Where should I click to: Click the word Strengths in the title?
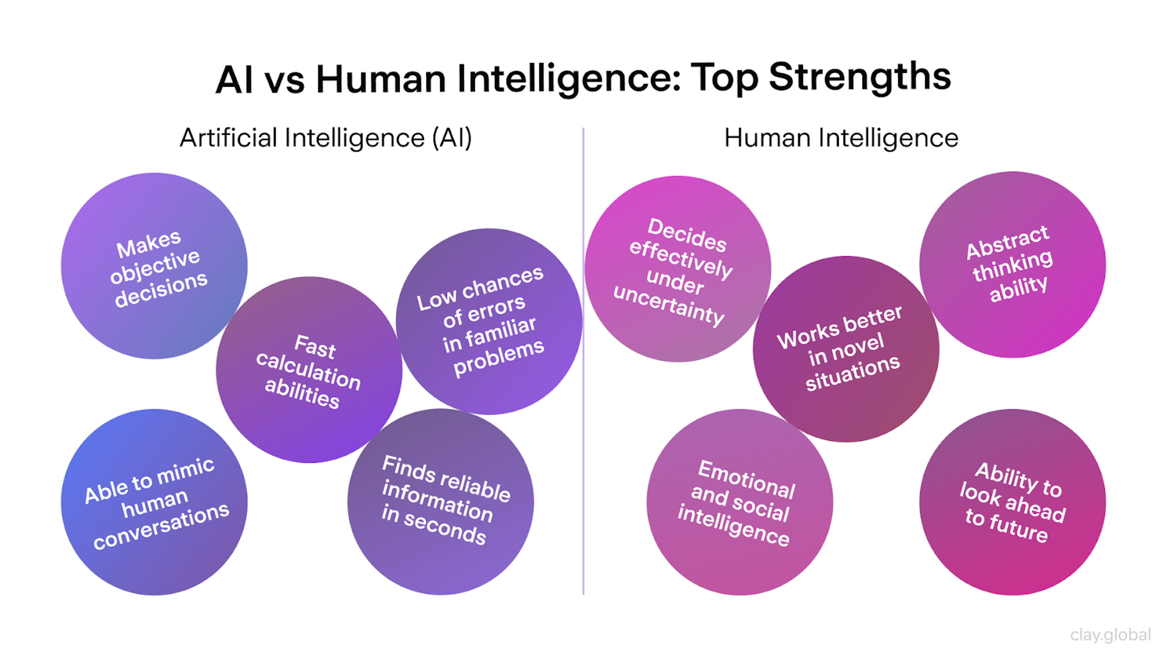(x=859, y=78)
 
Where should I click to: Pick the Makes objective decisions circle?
(x=154, y=266)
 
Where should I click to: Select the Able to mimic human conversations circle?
(x=154, y=503)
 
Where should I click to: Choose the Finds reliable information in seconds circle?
(x=440, y=502)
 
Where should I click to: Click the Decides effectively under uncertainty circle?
(x=678, y=269)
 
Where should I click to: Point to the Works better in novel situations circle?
(x=845, y=349)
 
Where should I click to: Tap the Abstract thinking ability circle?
(x=1012, y=265)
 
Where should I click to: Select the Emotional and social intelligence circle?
(x=739, y=503)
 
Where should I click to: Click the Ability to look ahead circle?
(x=1012, y=503)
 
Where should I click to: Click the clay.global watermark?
(x=1110, y=635)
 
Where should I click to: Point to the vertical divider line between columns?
(x=583, y=362)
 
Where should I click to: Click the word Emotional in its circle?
(x=747, y=479)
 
